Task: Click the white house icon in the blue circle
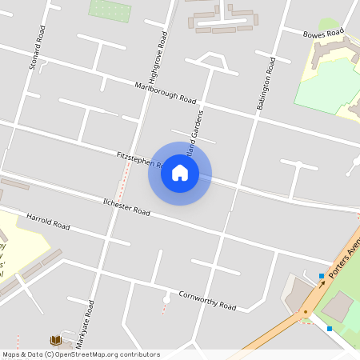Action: pos(180,173)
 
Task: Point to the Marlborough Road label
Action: pos(166,93)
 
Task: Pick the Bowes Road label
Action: pos(323,33)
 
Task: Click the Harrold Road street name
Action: pos(48,222)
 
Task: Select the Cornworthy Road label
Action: pos(207,300)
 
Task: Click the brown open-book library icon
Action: pos(56,340)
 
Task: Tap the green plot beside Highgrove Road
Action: pos(109,10)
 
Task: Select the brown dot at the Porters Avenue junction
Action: pos(305,312)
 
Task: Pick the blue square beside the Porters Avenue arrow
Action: pos(322,276)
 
